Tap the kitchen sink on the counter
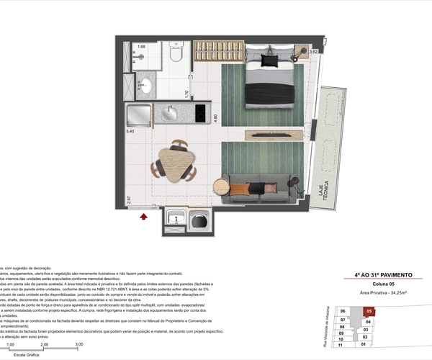tap(171, 114)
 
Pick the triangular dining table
tap(174, 163)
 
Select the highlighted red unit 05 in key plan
tap(369, 311)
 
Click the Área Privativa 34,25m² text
tap(384, 294)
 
